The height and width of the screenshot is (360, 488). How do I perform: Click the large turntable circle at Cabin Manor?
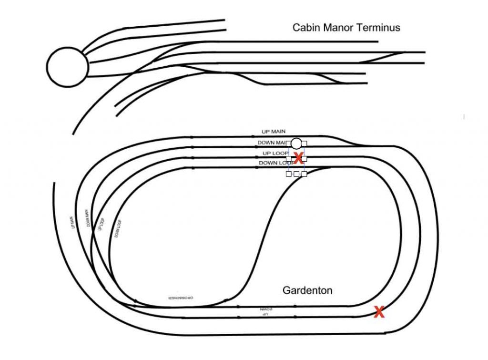(x=67, y=67)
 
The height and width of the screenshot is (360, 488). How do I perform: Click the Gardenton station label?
(x=307, y=290)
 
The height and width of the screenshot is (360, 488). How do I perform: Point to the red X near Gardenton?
(x=379, y=312)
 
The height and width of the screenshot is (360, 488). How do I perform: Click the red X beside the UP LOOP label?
(x=298, y=158)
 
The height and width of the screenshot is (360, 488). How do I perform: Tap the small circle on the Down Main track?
(x=296, y=143)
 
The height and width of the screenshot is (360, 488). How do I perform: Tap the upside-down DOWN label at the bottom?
(x=266, y=309)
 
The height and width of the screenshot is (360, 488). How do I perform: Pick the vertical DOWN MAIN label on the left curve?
(x=88, y=218)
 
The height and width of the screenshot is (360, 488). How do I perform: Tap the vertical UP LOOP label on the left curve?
(x=101, y=225)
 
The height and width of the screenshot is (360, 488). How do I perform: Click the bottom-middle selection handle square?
(x=296, y=174)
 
